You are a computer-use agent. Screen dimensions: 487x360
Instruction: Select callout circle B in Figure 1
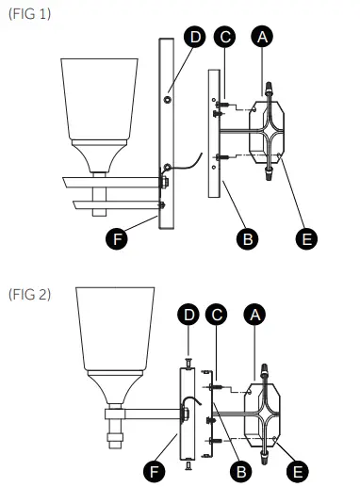[247, 238]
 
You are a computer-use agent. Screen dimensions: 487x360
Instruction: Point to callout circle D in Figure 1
[194, 37]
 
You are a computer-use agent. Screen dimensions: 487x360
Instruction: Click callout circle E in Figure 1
[305, 238]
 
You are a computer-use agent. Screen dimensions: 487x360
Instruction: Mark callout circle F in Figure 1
[117, 238]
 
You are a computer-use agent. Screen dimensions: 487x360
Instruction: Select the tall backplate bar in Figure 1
[167, 132]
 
